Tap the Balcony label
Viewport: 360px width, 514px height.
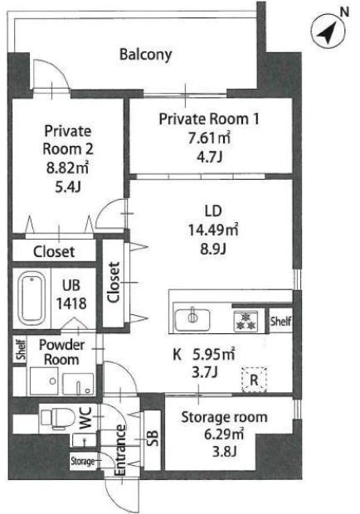[x=145, y=55]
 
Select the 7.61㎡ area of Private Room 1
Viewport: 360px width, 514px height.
[x=209, y=138]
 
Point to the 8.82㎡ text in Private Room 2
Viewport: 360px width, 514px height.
[x=67, y=167]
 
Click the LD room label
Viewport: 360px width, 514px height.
[x=213, y=211]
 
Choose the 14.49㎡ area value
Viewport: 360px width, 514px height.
[x=213, y=230]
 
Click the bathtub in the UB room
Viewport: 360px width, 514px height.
[x=32, y=298]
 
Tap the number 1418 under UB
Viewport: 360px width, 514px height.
[x=71, y=303]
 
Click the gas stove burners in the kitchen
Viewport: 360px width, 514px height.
[x=245, y=322]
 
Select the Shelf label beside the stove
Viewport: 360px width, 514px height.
[x=280, y=322]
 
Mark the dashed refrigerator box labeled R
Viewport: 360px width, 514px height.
[x=254, y=380]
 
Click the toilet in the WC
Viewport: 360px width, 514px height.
[x=56, y=419]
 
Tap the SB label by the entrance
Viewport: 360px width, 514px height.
[x=153, y=438]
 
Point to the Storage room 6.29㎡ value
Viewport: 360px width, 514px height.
[x=224, y=434]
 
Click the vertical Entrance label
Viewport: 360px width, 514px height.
[x=120, y=450]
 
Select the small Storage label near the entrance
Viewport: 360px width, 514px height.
[x=83, y=461]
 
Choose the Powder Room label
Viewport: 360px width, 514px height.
[x=61, y=352]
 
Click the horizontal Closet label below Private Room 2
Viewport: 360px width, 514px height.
[x=54, y=252]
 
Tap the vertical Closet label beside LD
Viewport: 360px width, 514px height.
[x=113, y=282]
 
